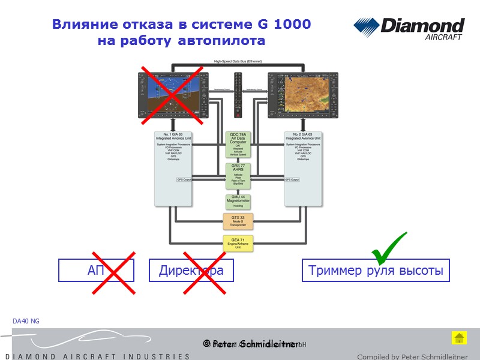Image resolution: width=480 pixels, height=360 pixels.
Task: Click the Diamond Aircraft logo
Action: click(409, 29)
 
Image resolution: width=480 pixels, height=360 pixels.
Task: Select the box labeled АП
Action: click(96, 271)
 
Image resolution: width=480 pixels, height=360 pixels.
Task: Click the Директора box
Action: click(191, 271)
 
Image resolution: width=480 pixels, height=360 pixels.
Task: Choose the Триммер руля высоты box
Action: click(376, 271)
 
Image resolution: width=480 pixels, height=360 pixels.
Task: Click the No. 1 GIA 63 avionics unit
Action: click(173, 168)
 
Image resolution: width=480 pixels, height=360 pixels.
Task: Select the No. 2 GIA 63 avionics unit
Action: click(304, 168)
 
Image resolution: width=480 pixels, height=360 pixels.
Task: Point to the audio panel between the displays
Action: click(238, 95)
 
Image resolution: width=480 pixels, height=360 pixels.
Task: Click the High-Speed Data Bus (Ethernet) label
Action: click(238, 61)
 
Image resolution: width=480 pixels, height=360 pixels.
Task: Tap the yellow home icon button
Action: click(458, 338)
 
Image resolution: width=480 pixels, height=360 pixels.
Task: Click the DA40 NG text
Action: click(26, 322)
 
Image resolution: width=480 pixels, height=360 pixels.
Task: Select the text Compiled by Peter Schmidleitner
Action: click(412, 356)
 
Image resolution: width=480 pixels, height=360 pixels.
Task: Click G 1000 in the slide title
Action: click(284, 25)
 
